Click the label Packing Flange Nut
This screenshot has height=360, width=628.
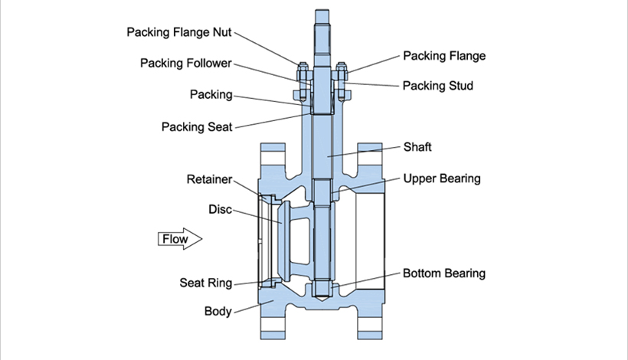pos(179,32)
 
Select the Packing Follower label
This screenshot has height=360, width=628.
pos(186,64)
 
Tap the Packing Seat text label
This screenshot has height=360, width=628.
pos(197,127)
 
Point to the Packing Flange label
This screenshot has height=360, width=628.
pos(444,56)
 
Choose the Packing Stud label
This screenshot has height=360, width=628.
pos(438,86)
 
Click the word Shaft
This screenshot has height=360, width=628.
pos(417,147)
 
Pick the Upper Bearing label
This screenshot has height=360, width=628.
pos(442,178)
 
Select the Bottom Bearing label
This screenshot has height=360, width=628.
pos(444,273)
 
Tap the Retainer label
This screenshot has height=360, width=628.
pos(210,179)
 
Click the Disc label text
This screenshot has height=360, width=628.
pos(221,209)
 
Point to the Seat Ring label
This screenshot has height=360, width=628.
pos(206,283)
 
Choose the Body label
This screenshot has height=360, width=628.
pos(218,311)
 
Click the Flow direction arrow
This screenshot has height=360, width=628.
pos(180,239)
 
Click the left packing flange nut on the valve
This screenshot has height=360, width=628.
pos(303,72)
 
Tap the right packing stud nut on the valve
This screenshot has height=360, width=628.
pos(342,72)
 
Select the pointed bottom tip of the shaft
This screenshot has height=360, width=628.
pos(322,300)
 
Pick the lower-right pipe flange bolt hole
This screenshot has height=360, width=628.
pos(370,325)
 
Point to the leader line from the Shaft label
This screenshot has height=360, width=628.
pos(364,152)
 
